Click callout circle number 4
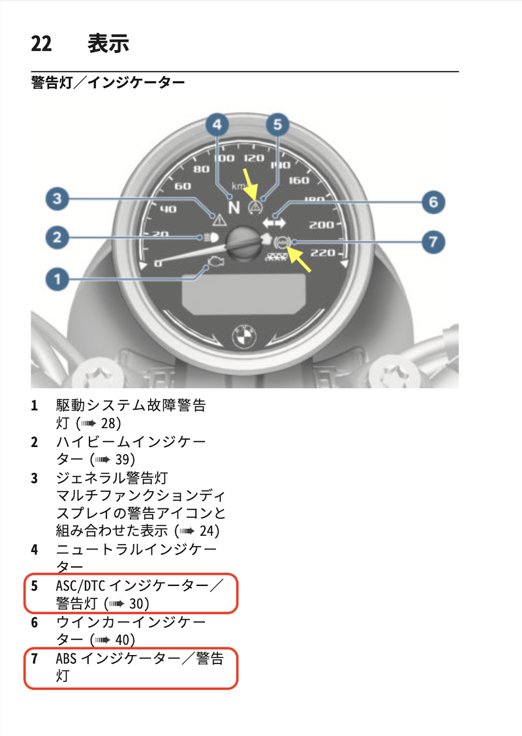point(217,125)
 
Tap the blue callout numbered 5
point(277,125)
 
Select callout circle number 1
point(57,279)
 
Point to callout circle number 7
point(433,242)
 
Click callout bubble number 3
point(57,198)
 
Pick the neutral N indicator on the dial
point(234,207)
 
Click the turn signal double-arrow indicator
point(273,222)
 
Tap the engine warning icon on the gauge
point(216,262)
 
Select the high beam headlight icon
point(211,238)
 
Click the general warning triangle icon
point(219,219)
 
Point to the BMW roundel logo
point(245,336)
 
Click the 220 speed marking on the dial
point(323,253)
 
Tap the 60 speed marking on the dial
point(183,187)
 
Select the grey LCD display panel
point(244,294)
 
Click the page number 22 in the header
point(41,44)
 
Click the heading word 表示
point(108,43)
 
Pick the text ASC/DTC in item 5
point(80,586)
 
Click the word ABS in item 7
point(66,658)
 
